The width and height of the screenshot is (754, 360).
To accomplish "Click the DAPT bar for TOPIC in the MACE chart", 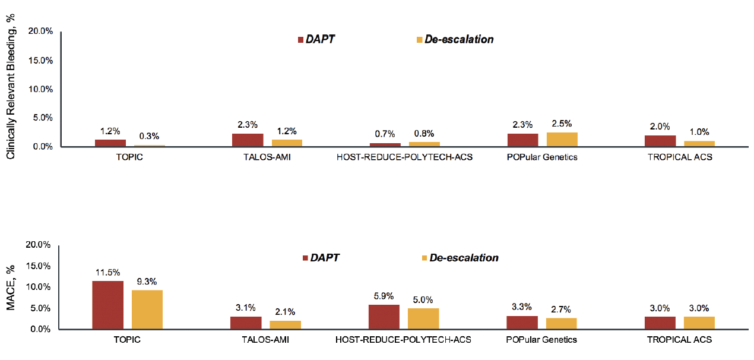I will click(108, 305).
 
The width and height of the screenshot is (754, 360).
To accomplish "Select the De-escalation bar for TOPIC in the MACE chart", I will click(147, 309).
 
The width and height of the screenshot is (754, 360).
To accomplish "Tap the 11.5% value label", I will click(108, 273).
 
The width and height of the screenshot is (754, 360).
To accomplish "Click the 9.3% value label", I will click(147, 282).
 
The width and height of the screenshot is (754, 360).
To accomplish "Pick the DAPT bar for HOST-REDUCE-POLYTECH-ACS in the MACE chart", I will click(384, 317).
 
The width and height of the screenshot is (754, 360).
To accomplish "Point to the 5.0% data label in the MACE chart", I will click(423, 300).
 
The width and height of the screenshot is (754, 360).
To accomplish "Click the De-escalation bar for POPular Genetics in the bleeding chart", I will click(562, 140).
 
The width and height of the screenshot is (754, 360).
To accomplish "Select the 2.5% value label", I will click(562, 124).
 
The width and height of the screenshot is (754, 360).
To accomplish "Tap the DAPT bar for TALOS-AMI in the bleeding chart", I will click(247, 140).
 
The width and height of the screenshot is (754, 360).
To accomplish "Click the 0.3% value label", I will click(150, 137).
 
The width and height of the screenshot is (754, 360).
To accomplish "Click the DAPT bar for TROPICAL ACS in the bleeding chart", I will click(660, 141).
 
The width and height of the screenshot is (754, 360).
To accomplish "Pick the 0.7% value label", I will click(384, 134).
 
